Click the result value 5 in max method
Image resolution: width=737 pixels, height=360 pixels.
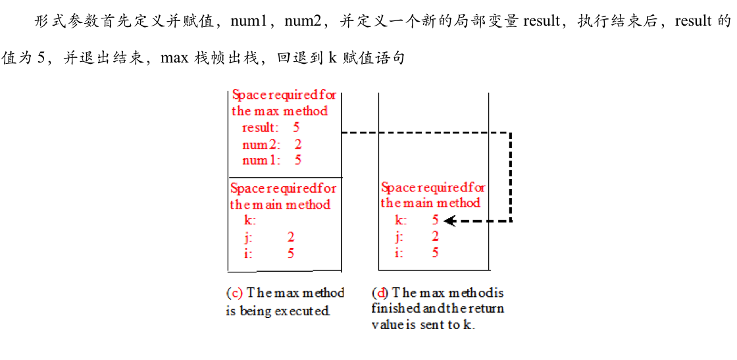(x=296, y=127)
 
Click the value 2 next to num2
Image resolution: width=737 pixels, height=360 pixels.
(x=298, y=143)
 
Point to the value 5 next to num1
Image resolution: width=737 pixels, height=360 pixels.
(x=298, y=160)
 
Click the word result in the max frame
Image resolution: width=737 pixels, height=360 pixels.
(x=260, y=127)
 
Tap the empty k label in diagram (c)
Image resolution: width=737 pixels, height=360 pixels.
(x=249, y=220)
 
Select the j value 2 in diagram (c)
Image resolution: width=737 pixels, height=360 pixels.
(x=291, y=237)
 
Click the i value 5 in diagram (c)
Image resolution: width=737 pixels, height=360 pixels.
(x=291, y=253)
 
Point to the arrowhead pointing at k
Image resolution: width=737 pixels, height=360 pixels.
(x=450, y=221)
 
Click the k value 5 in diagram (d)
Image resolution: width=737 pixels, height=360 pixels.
(x=435, y=220)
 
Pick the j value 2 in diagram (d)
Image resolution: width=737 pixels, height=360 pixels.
(x=435, y=237)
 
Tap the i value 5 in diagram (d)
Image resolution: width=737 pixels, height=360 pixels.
(x=435, y=253)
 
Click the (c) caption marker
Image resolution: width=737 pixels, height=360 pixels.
(x=234, y=293)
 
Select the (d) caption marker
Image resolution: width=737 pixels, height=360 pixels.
(x=380, y=293)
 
